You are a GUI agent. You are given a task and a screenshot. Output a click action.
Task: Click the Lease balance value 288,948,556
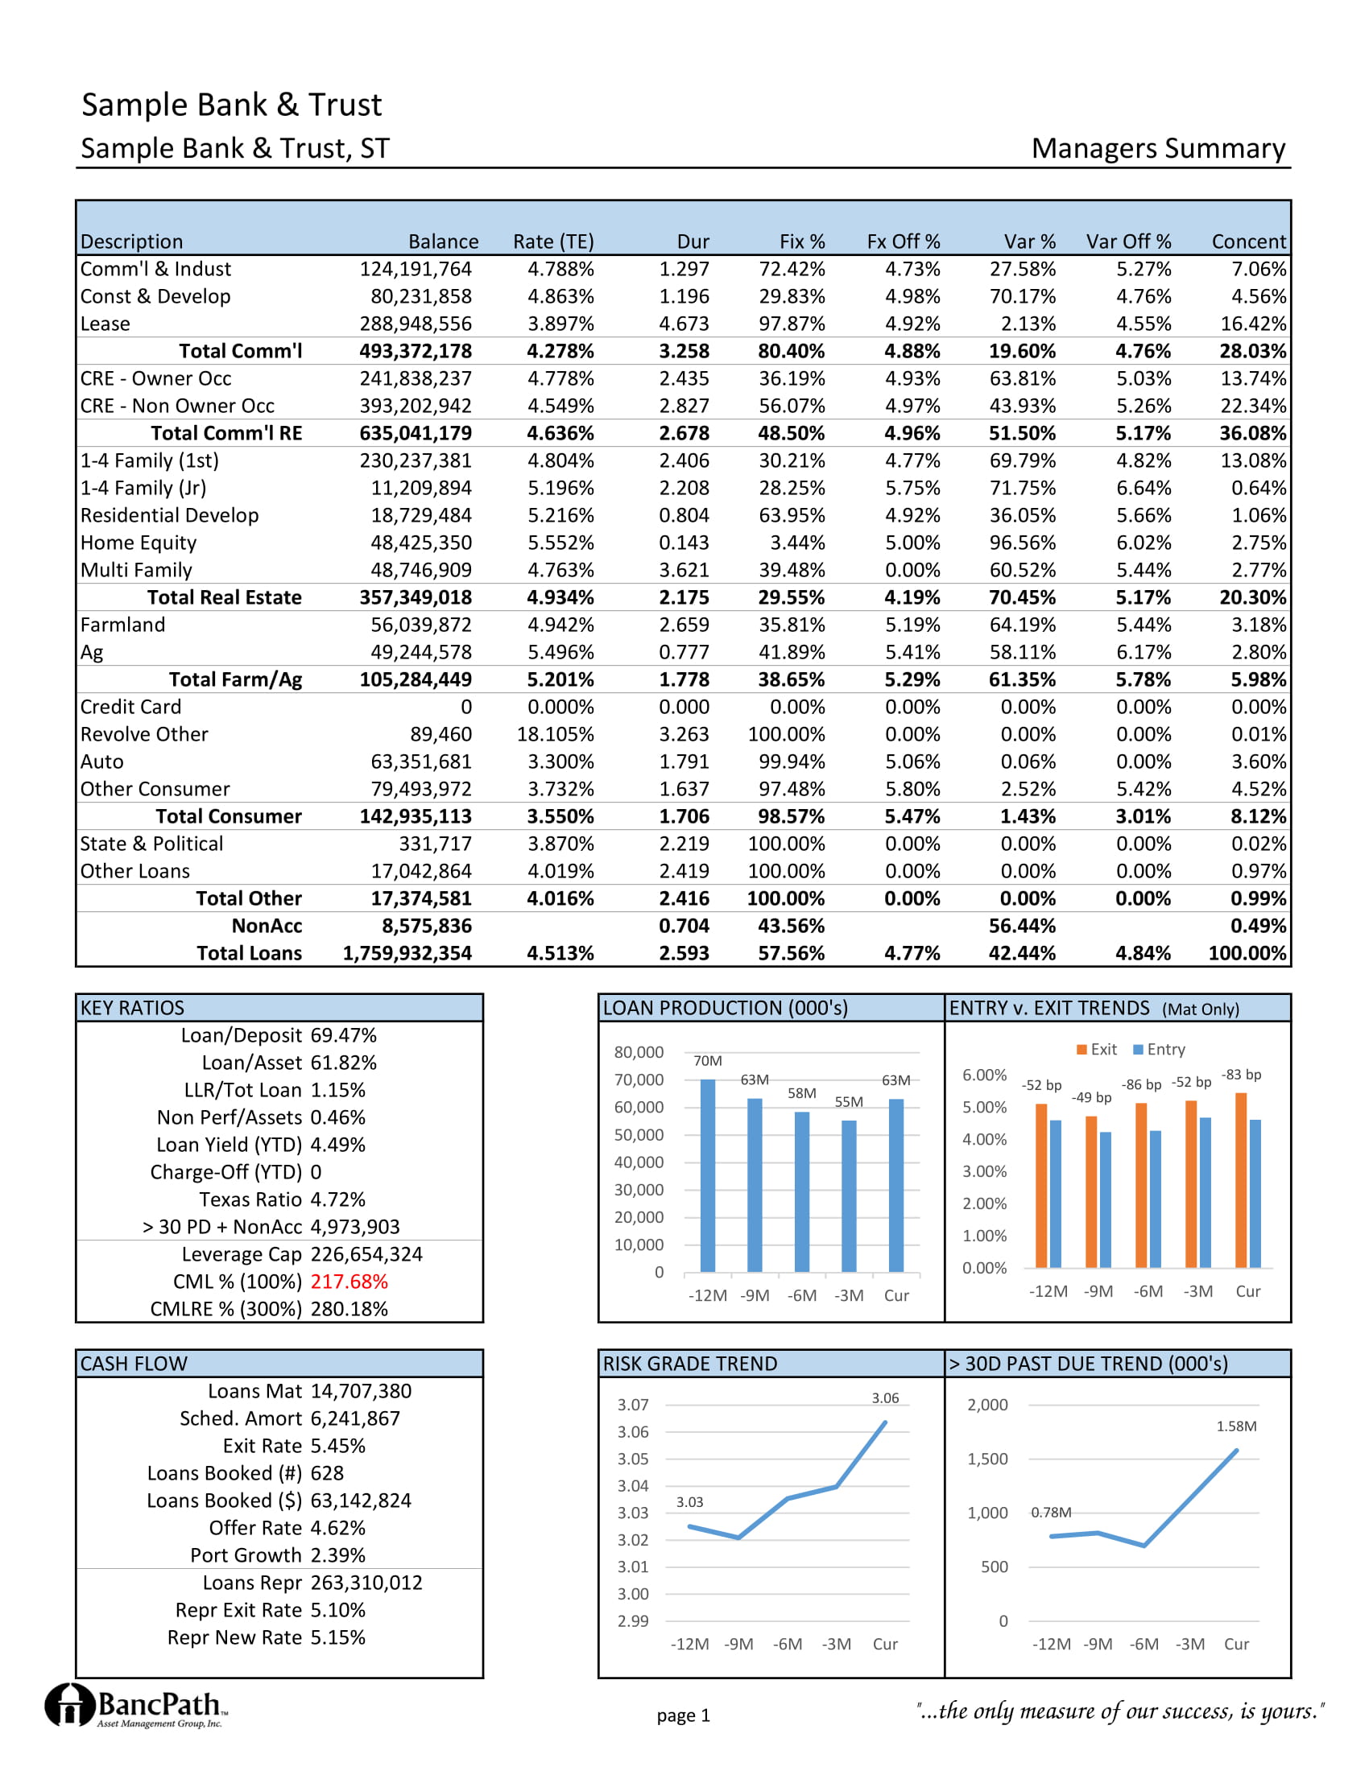[416, 324]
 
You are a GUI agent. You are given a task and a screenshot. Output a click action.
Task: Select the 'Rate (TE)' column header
[553, 242]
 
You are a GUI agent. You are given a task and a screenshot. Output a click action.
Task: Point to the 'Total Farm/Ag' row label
[235, 679]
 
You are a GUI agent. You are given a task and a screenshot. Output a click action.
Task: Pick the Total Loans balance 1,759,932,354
[407, 954]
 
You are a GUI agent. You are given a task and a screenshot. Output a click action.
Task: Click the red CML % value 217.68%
[349, 1282]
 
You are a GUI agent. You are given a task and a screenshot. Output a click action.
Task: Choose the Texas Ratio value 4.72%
[337, 1199]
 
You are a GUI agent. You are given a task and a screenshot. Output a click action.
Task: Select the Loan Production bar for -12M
[707, 1175]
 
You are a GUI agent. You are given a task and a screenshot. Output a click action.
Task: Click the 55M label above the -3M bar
[848, 1102]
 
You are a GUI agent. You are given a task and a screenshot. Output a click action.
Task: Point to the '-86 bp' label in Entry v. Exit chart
[1141, 1085]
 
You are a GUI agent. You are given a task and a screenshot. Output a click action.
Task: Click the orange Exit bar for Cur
[1241, 1180]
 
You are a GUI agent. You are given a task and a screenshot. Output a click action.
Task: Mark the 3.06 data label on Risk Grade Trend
[885, 1398]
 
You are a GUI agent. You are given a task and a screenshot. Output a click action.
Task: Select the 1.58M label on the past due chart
[1236, 1426]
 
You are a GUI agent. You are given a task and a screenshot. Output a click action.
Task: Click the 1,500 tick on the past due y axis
[987, 1459]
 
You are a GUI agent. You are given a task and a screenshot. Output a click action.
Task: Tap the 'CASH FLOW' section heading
[134, 1364]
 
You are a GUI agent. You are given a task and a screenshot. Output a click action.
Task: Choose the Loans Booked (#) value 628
[327, 1473]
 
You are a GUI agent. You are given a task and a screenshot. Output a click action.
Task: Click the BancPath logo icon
[70, 1704]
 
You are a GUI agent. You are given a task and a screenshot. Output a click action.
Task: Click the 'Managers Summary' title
[1157, 149]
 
